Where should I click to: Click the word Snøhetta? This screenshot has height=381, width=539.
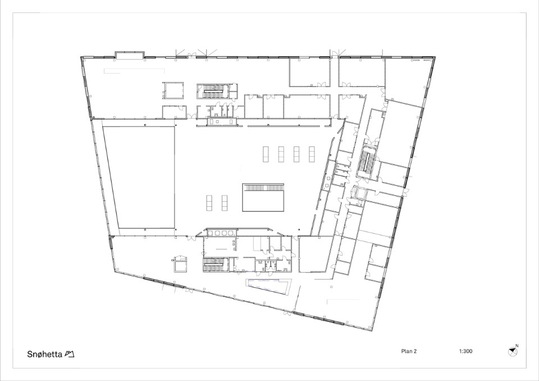click(44, 354)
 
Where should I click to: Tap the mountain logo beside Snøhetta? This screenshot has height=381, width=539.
click(70, 354)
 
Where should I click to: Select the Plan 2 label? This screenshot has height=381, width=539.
click(409, 351)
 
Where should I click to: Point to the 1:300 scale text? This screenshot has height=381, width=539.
click(465, 351)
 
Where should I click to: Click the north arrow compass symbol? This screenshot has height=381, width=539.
click(513, 351)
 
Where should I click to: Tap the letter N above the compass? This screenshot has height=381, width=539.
click(517, 346)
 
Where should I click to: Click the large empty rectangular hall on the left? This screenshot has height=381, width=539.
click(139, 177)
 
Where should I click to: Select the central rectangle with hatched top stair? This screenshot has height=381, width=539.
click(263, 197)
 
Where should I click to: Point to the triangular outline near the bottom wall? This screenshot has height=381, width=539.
click(268, 287)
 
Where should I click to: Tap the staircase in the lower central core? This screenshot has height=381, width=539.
click(214, 265)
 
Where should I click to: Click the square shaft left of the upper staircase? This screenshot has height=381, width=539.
click(173, 90)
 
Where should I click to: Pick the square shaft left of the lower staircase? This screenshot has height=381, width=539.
click(180, 264)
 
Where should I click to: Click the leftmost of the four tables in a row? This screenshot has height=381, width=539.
click(266, 154)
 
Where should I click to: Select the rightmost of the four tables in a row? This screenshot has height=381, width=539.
click(312, 154)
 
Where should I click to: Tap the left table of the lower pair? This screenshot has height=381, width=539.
click(209, 203)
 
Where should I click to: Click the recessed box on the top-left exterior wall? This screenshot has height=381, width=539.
click(129, 55)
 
